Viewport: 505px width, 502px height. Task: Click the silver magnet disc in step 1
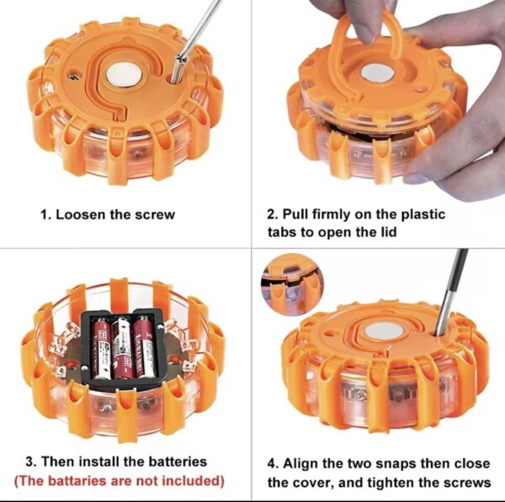[x=124, y=75]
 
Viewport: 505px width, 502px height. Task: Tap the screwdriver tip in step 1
[x=174, y=81]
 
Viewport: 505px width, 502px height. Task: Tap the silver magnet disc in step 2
[x=377, y=72]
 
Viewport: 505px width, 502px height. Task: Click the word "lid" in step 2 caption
[x=388, y=232]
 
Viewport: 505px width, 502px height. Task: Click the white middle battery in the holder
[x=122, y=348]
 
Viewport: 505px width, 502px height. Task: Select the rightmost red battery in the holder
[x=145, y=346]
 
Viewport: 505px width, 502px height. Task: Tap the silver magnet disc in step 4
[x=383, y=330]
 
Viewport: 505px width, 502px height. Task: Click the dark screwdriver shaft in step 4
[x=451, y=292]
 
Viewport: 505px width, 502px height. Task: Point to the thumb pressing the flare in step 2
[x=454, y=151]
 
